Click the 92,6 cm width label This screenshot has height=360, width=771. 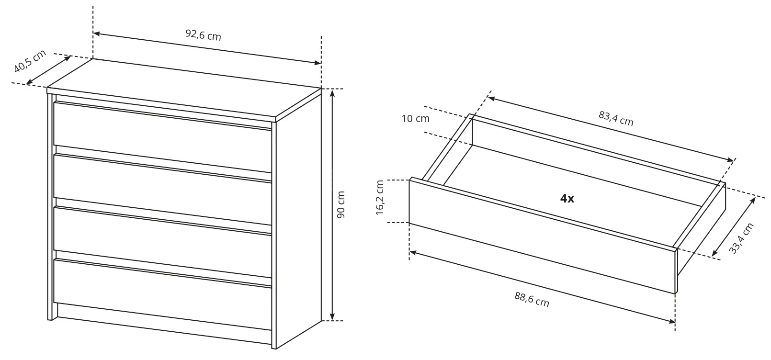203,35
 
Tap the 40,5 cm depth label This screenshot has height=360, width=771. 30,61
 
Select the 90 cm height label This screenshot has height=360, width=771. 341,204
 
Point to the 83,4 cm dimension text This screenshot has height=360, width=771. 616,118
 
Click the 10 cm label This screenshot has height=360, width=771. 416,119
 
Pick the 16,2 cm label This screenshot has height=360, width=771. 380,198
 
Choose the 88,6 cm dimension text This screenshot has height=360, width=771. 532,299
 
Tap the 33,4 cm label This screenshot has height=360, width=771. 741,238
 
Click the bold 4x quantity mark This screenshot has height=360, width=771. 567,198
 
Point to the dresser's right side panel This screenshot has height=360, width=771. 299,220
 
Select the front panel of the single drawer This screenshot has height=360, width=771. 542,236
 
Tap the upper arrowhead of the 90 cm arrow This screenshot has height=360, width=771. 332,93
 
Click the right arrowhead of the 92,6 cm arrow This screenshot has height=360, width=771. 317,62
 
